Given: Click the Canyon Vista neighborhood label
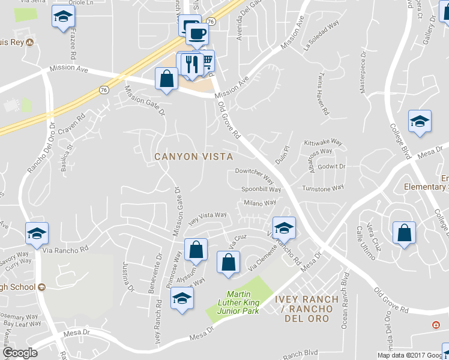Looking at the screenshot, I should pyautogui.click(x=193, y=157).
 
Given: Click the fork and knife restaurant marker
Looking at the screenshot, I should pyautogui.click(x=191, y=64).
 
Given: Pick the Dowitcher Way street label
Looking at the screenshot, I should pyautogui.click(x=254, y=176).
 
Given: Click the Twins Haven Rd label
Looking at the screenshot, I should pyautogui.click(x=322, y=94).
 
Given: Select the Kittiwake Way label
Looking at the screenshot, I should pyautogui.click(x=323, y=143).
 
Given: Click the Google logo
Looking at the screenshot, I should pyautogui.click(x=20, y=353).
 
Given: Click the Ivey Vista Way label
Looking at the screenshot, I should pyautogui.click(x=208, y=217).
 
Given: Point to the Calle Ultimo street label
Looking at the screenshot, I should pyautogui.click(x=366, y=242).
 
